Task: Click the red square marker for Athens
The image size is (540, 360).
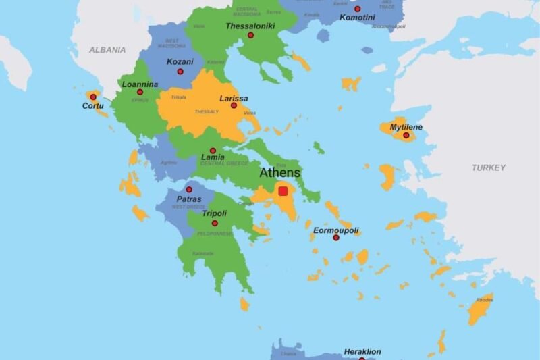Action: pyautogui.click(x=283, y=191)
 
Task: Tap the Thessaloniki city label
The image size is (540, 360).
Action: pyautogui.click(x=249, y=26)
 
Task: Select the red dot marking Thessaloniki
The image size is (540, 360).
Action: pyautogui.click(x=250, y=35)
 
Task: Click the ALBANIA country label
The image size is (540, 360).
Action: pyautogui.click(x=107, y=50)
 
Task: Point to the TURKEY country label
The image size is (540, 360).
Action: pyautogui.click(x=488, y=168)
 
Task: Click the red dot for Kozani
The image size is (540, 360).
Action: pyautogui.click(x=180, y=71)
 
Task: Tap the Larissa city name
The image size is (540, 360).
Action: pyautogui.click(x=234, y=98)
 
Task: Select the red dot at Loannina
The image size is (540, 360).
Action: pyautogui.click(x=140, y=92)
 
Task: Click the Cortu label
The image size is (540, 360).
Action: pyautogui.click(x=93, y=106)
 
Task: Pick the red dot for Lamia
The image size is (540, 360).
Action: pyautogui.click(x=213, y=151)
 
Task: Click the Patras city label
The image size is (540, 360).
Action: pyautogui.click(x=189, y=200)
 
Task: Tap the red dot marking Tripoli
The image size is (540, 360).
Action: pyautogui.click(x=215, y=223)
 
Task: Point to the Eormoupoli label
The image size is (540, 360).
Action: pyautogui.click(x=335, y=230)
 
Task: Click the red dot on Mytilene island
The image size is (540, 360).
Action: pyautogui.click(x=406, y=136)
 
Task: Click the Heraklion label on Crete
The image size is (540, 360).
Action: pyautogui.click(x=362, y=351)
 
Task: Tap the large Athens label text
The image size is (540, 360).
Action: pyautogui.click(x=280, y=173)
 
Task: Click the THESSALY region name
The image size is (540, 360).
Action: pyautogui.click(x=207, y=112)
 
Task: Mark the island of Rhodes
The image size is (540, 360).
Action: pyautogui.click(x=481, y=309)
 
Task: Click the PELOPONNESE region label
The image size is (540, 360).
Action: pyautogui.click(x=215, y=234)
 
